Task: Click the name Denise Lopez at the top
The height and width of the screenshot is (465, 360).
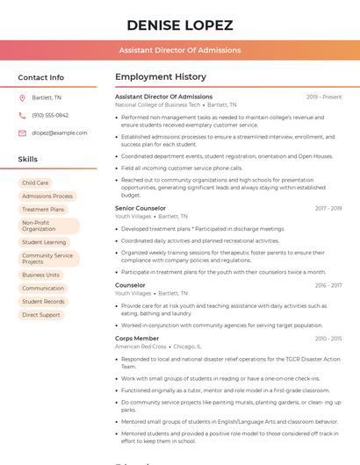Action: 180,25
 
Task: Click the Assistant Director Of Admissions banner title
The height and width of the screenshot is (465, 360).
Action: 180,50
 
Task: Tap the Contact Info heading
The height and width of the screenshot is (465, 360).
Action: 41,77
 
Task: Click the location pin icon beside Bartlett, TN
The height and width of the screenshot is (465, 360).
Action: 22,97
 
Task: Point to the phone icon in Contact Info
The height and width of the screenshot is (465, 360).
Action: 22,115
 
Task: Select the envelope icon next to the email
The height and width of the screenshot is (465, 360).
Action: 22,132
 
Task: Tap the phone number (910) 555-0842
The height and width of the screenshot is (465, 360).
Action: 50,115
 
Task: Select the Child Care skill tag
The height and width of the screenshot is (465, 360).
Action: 36,182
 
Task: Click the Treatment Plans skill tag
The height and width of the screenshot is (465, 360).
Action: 43,210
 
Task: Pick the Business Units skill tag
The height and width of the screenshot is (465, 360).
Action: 41,275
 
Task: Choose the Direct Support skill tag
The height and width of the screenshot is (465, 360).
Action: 41,314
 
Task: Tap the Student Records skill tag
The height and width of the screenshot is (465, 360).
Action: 44,301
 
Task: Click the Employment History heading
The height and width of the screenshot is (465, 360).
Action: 161,77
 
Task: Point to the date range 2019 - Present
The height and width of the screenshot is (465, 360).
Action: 324,97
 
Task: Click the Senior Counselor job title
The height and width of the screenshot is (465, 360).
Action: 140,208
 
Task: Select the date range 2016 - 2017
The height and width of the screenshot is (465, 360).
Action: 328,285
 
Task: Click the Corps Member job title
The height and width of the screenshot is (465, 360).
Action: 137,338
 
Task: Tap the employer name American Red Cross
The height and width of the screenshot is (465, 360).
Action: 140,347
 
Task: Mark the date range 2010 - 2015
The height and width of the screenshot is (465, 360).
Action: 328,338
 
